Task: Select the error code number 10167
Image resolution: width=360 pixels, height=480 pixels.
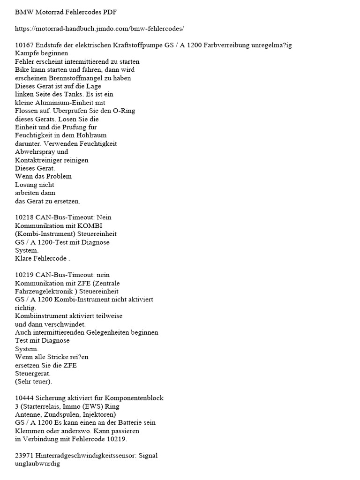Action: [x=24, y=45]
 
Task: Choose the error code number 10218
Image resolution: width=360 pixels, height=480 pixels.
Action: [x=24, y=217]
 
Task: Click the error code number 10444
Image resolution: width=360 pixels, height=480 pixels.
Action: [x=24, y=398]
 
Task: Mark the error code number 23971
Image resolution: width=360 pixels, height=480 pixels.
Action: [x=24, y=455]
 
